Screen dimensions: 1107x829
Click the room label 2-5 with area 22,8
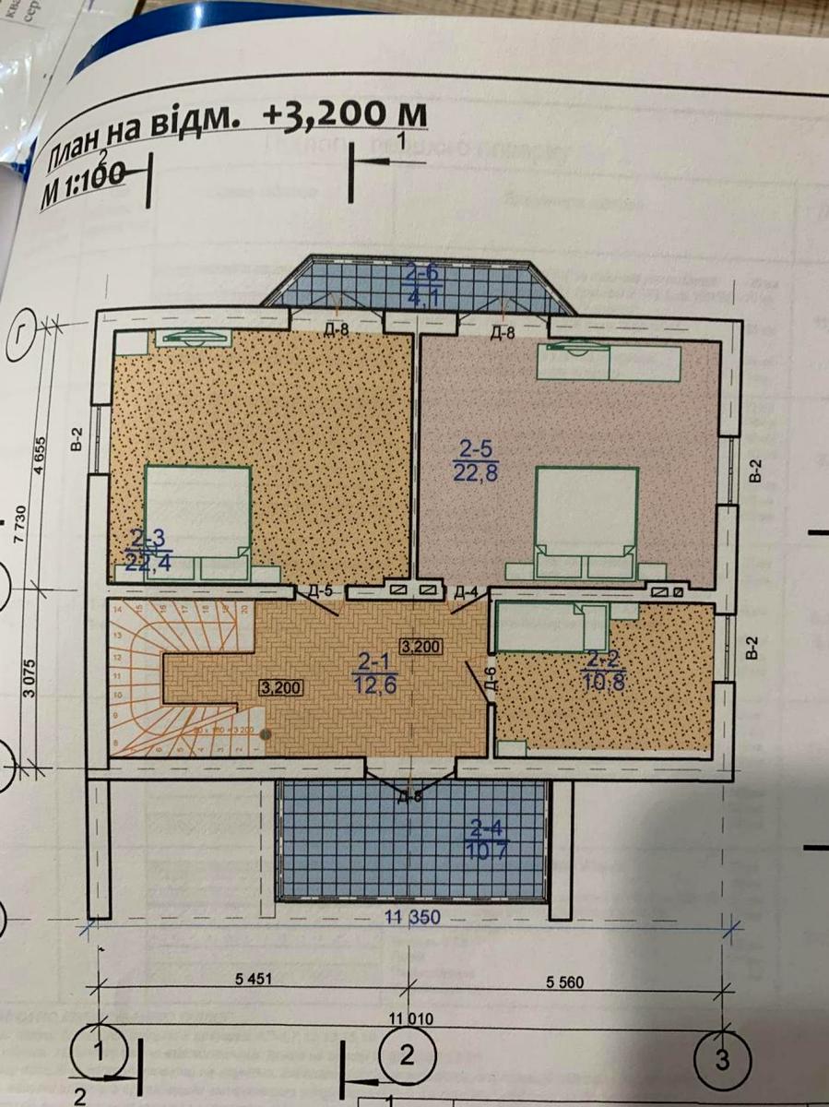tap(477, 460)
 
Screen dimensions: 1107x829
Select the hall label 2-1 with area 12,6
tap(374, 673)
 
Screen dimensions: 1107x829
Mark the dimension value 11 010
tap(409, 1018)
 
